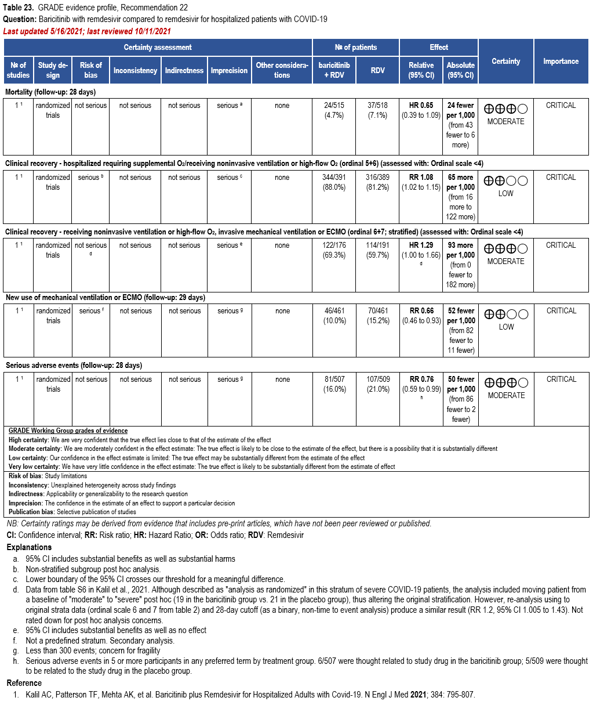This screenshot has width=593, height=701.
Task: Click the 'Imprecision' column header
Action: click(229, 70)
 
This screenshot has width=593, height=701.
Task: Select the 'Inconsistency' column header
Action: click(135, 70)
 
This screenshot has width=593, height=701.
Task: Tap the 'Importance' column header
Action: click(561, 61)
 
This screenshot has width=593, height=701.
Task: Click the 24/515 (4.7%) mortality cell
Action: click(334, 110)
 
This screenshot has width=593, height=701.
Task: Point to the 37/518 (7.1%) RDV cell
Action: click(377, 110)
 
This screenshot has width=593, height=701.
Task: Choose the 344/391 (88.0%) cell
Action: click(334, 182)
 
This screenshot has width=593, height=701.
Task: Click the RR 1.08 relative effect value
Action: click(421, 178)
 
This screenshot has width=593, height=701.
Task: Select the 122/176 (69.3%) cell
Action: click(334, 250)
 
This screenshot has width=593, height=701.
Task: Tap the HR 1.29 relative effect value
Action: click(421, 245)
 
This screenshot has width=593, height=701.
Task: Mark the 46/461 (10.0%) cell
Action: click(334, 316)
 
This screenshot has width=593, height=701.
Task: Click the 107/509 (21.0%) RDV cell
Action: click(378, 384)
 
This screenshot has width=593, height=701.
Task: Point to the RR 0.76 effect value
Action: click(421, 380)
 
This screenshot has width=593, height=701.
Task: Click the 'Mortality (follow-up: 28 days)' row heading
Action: click(50, 92)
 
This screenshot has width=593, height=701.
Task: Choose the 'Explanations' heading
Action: click(29, 547)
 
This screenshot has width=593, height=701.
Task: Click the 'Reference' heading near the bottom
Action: click(24, 683)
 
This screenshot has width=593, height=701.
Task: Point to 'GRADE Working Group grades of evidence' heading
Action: click(68, 431)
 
